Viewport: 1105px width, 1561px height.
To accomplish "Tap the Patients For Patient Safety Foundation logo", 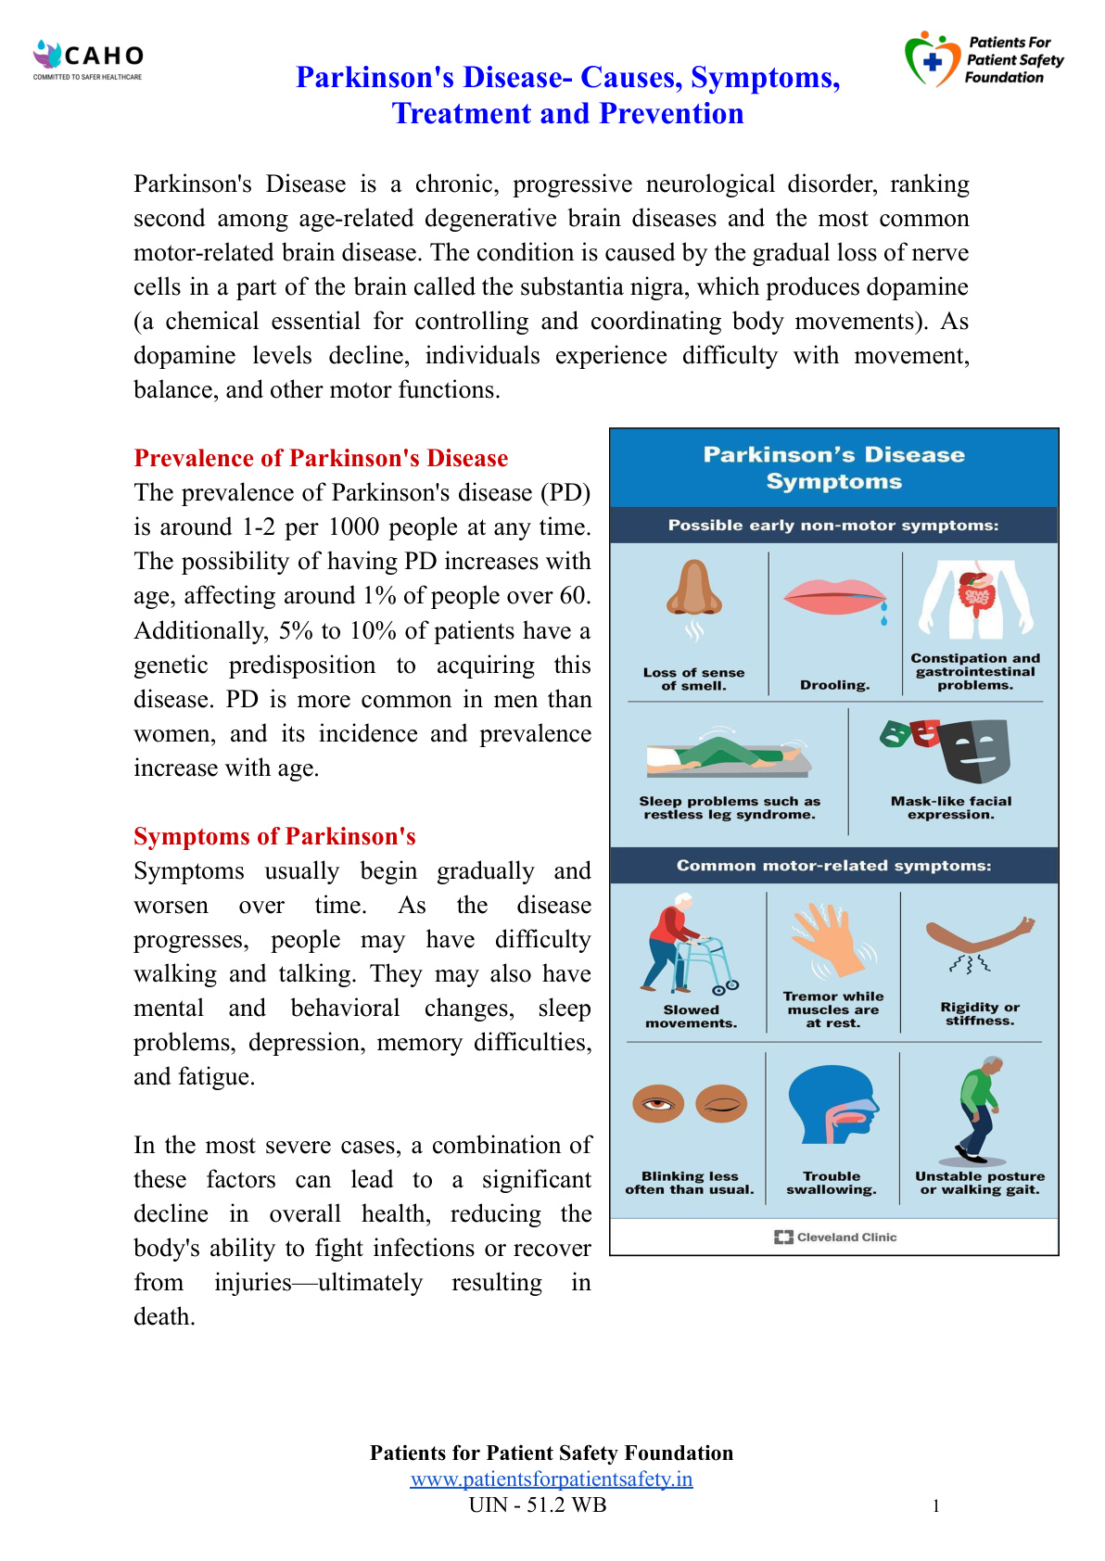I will [983, 59].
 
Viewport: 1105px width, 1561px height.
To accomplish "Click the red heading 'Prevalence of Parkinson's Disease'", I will [321, 458].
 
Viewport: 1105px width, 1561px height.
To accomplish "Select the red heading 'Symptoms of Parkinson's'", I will [274, 836].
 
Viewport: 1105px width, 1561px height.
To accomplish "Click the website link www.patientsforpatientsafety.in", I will [552, 1479].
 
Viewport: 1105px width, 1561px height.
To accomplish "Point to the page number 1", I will [936, 1506].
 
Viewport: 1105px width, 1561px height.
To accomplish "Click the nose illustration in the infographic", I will [694, 590].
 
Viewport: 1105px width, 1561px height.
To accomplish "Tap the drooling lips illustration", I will [834, 598].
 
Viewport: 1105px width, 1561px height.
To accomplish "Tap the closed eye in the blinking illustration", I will [721, 1104].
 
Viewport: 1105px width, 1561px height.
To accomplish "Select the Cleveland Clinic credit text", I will [836, 1237].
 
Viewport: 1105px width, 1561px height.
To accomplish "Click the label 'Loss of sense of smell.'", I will [693, 679].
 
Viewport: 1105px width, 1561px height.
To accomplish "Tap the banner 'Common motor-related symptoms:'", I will [833, 866].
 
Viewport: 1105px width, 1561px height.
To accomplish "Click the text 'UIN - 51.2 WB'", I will [538, 1504].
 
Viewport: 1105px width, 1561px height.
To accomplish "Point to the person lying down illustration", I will [729, 756].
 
